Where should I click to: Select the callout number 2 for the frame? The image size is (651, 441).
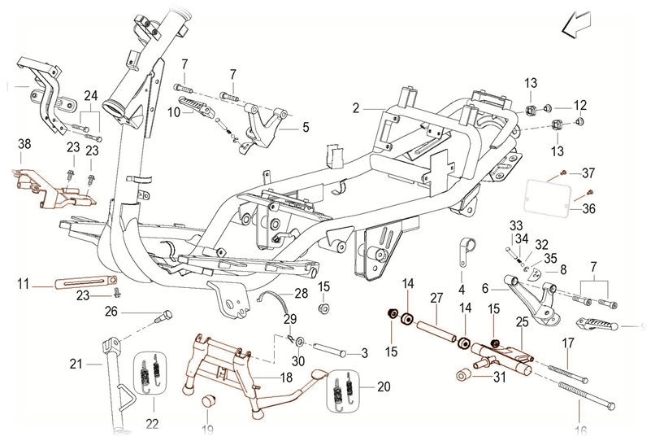coord(355,107)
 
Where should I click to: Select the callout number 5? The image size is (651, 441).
coord(306,127)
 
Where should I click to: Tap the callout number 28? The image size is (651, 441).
coord(302,293)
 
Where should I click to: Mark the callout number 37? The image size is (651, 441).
coord(588,173)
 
